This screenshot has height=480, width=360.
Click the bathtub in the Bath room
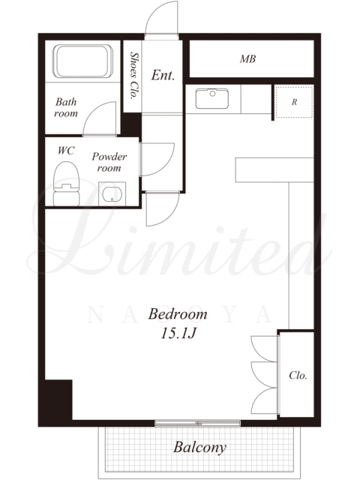[83, 61]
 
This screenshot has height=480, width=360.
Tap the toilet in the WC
[67, 184]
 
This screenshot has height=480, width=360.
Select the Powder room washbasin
[112, 194]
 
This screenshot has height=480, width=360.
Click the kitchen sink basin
[211, 98]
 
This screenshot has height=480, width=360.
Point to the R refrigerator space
[294, 102]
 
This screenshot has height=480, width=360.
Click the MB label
[247, 58]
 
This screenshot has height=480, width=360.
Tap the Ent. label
[163, 75]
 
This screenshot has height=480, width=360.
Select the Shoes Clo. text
[133, 75]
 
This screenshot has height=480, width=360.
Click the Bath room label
[66, 107]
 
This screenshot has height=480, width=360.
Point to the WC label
[66, 150]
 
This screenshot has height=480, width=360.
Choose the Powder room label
[109, 162]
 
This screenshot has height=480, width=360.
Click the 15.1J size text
[178, 333]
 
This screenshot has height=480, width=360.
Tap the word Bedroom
[178, 314]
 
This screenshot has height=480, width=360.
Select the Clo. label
[298, 375]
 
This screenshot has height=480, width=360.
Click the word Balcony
[200, 448]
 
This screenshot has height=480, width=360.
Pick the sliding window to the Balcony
[197, 423]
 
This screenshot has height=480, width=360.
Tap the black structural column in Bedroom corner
[58, 400]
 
